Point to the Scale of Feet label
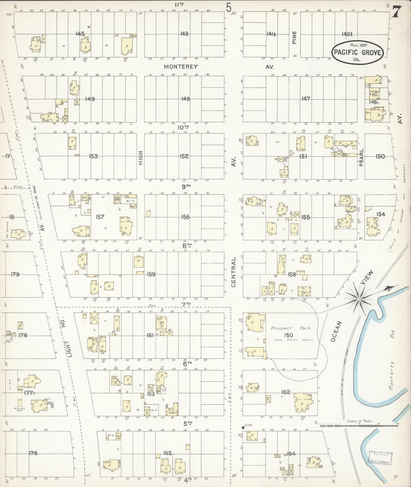point(360,421)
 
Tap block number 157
point(100,217)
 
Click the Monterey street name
point(181,67)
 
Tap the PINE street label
point(295,38)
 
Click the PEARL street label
point(361,158)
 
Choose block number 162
point(286,392)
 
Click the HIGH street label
point(141,158)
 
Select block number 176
point(33,453)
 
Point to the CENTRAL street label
point(234,272)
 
